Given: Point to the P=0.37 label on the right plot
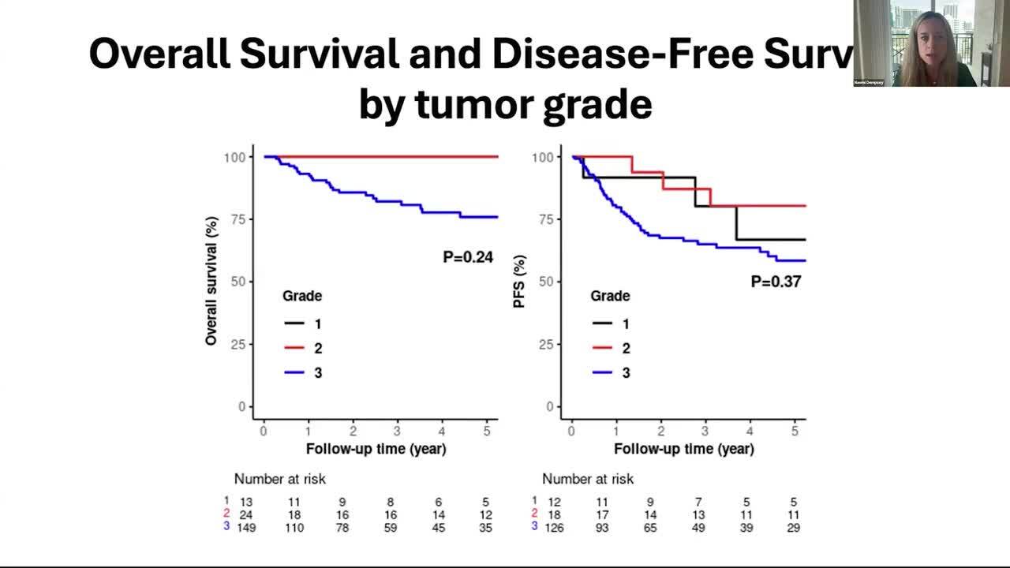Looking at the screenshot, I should (x=776, y=282).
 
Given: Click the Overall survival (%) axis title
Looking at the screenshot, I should (x=211, y=282).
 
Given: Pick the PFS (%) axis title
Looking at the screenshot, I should (x=519, y=282).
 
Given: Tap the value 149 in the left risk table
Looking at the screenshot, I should (x=246, y=527).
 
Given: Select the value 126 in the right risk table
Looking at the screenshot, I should (x=554, y=527).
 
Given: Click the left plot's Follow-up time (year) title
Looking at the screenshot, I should (x=376, y=449).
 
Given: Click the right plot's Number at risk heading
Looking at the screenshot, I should (x=587, y=479).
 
